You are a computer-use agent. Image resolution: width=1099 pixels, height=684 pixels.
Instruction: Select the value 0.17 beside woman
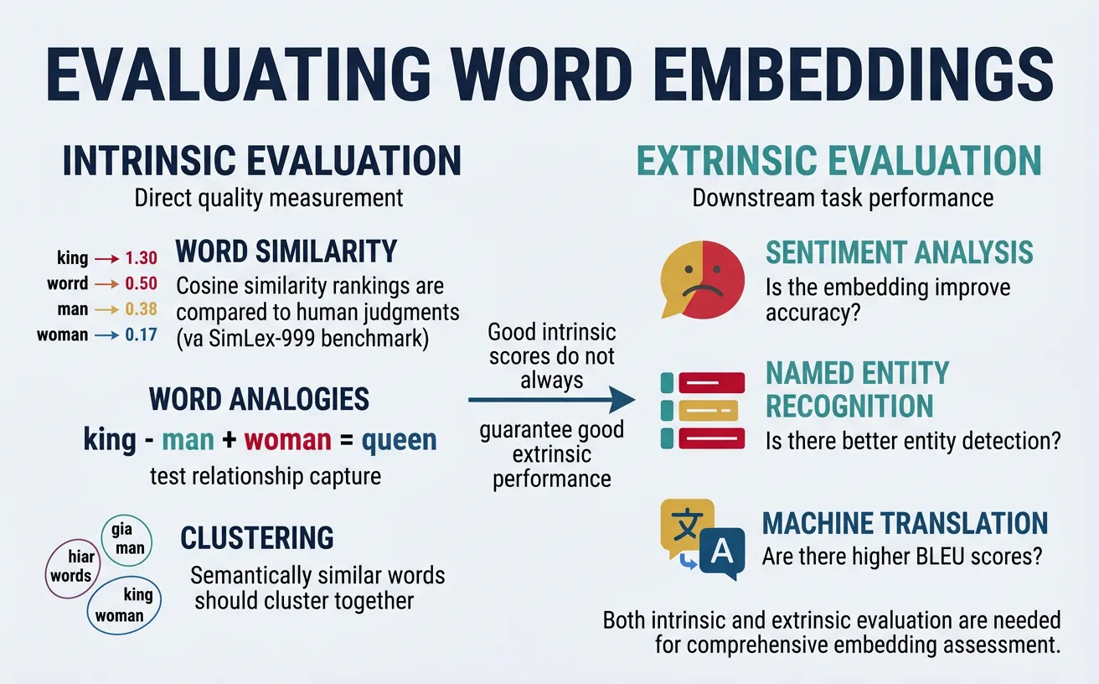click(x=141, y=335)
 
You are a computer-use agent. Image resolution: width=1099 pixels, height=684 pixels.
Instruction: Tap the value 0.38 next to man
click(x=141, y=309)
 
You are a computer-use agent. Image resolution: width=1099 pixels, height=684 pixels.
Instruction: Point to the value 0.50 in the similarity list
click(x=141, y=284)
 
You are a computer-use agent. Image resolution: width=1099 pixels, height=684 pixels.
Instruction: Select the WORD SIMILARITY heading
click(x=286, y=251)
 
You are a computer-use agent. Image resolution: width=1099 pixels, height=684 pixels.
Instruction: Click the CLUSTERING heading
click(x=257, y=537)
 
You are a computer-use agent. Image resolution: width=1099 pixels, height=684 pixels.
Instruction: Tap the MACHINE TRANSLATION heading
click(x=905, y=523)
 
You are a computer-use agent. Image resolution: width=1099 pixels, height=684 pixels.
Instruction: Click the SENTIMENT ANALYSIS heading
click(x=900, y=252)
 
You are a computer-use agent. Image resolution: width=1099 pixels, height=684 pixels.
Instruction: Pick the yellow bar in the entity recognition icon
click(x=708, y=410)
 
